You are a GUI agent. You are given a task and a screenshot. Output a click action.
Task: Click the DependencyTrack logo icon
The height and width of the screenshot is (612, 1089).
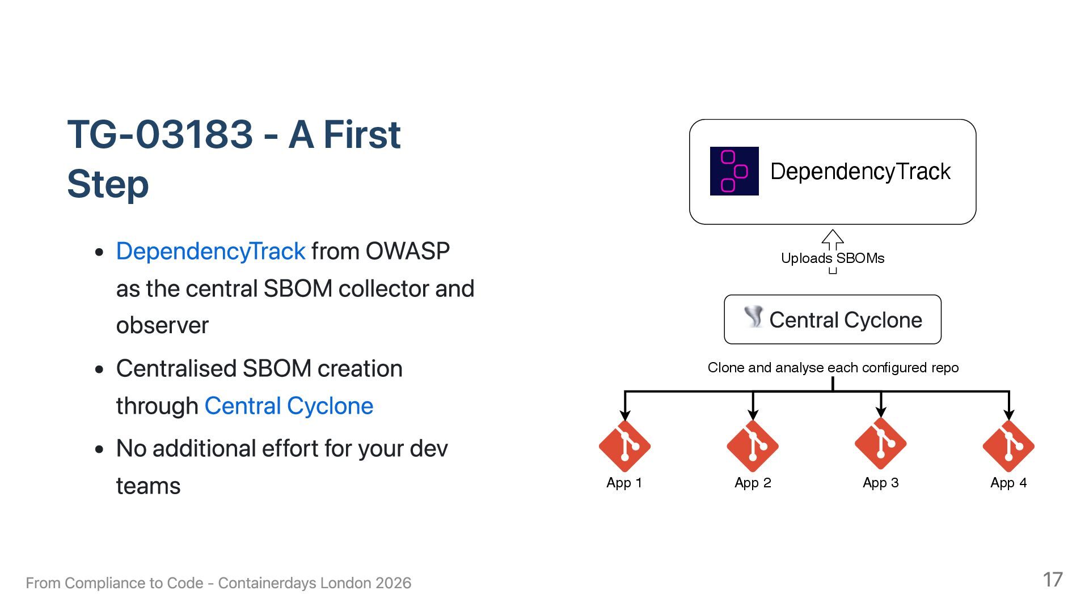[x=734, y=171]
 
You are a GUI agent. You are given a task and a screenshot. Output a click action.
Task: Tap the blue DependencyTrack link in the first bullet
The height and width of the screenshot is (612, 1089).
[x=210, y=251]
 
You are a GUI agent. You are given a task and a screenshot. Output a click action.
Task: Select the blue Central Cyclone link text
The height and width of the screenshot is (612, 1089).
[x=289, y=406]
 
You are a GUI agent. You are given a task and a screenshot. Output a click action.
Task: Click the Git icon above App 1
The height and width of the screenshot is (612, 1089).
[x=624, y=446]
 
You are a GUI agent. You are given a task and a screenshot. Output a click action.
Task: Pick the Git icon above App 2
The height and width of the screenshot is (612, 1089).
[x=753, y=446]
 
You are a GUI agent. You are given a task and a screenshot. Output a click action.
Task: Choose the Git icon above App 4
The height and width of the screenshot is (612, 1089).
[x=1008, y=446]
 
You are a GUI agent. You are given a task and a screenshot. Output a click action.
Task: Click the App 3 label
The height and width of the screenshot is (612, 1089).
[x=880, y=483]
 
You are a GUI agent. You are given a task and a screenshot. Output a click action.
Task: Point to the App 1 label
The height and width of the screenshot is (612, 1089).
[x=624, y=483]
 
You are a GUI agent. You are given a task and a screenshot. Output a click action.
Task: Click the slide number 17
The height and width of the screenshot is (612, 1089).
[x=1053, y=580]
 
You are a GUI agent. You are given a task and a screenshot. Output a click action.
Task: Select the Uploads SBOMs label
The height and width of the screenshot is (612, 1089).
[x=833, y=258]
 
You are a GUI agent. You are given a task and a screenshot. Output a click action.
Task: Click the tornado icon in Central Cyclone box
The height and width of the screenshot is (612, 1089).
[x=754, y=317]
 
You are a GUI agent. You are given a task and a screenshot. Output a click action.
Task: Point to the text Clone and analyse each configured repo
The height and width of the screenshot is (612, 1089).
[x=833, y=368]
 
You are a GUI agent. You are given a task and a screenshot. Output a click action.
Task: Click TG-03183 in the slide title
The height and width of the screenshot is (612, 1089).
[x=160, y=135]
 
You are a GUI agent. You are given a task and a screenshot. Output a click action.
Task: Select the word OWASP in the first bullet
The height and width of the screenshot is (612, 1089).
[x=407, y=251]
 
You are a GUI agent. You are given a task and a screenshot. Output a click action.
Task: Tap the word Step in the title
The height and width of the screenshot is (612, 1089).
[x=108, y=184]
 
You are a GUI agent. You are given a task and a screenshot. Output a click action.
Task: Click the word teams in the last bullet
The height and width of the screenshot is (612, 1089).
[x=148, y=486]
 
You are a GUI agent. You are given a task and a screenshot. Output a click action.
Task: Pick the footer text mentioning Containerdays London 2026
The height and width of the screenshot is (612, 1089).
[x=218, y=583]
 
